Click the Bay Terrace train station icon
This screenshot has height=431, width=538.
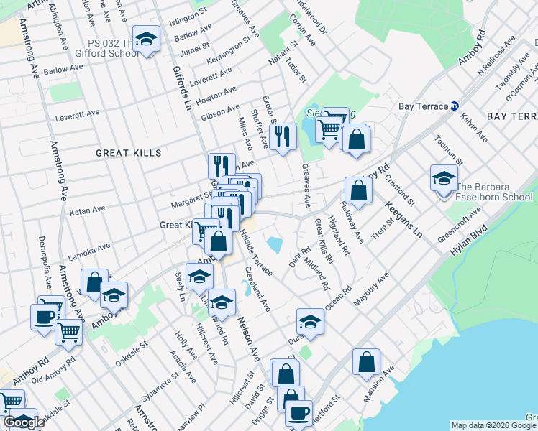point(455,106)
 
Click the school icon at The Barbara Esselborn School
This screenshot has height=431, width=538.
point(444,177)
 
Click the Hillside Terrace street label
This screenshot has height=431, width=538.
point(256,252)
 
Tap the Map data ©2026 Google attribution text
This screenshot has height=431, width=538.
point(493,425)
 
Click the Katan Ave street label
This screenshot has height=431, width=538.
point(87,210)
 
